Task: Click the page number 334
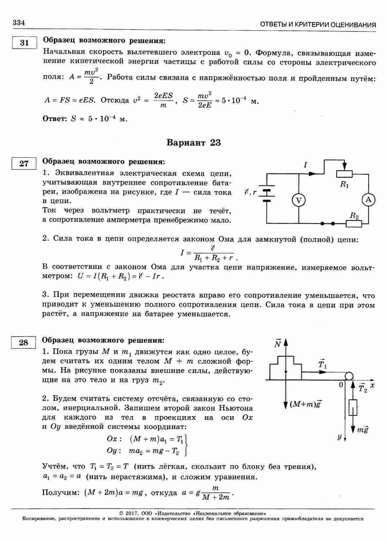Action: coord(19,23)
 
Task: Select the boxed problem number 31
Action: coord(24,43)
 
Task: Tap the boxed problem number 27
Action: coord(24,164)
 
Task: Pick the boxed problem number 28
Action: coord(24,342)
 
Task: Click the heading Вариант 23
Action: coord(193,143)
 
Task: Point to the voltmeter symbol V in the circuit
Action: coord(299,200)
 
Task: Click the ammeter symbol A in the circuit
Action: coord(368,200)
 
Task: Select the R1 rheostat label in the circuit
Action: coord(344,184)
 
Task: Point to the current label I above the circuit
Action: coord(305,165)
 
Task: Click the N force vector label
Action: coord(278,343)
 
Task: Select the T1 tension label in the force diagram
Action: coord(322,364)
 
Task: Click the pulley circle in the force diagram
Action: coord(348,375)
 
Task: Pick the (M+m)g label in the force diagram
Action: coord(305,404)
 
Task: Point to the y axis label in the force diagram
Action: coord(340,436)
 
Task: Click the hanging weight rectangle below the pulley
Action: coord(353,408)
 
